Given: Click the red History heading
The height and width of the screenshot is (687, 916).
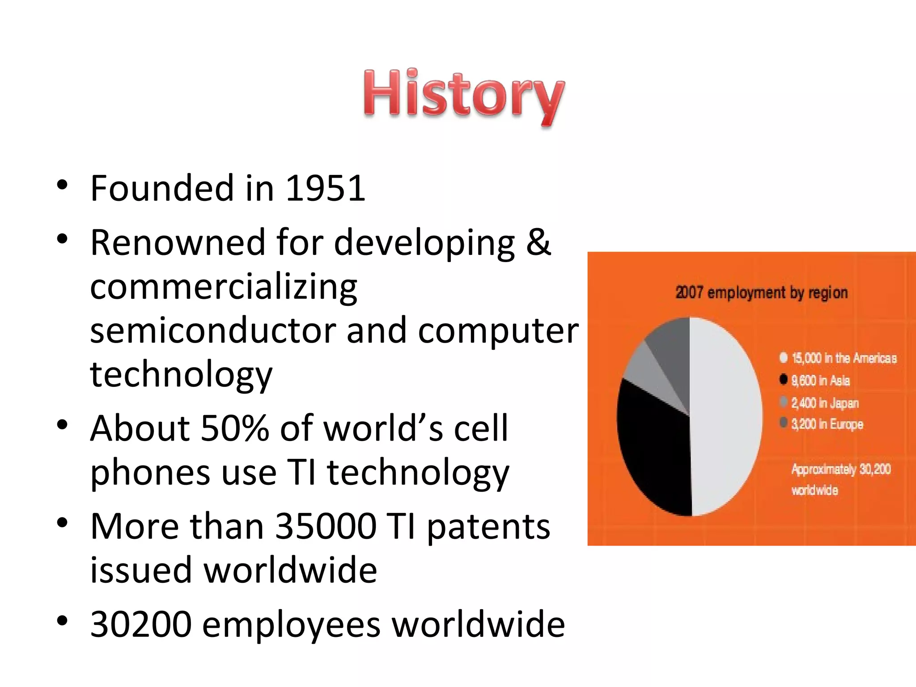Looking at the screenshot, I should click(463, 96).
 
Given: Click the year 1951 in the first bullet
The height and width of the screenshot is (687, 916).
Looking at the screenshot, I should click(325, 188).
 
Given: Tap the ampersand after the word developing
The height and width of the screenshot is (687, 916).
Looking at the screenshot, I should click(538, 242).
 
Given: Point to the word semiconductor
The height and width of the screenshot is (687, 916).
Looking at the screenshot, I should click(213, 331).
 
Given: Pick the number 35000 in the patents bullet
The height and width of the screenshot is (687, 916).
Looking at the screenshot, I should click(326, 526).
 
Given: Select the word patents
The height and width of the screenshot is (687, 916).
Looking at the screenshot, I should click(488, 526).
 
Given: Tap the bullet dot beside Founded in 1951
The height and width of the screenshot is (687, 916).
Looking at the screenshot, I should click(62, 185).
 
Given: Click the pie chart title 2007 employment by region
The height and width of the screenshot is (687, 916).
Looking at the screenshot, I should click(761, 293).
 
